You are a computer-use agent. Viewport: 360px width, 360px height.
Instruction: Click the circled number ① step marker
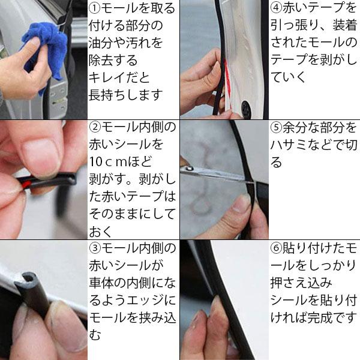(x=95, y=8)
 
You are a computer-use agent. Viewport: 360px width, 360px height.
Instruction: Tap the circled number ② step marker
(x=95, y=127)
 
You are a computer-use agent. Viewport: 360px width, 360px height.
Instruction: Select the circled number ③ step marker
(x=95, y=248)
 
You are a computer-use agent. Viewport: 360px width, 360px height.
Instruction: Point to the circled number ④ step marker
(x=276, y=8)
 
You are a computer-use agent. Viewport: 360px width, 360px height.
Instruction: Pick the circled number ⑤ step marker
(x=276, y=128)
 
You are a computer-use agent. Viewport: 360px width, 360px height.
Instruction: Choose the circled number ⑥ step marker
(x=276, y=248)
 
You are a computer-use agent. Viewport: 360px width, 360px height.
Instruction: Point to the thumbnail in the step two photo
(x=40, y=156)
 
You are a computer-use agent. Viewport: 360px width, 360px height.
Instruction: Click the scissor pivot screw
(x=189, y=169)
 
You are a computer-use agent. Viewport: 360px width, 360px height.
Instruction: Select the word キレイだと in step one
(x=119, y=77)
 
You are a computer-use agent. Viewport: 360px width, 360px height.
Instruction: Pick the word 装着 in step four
(x=344, y=25)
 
